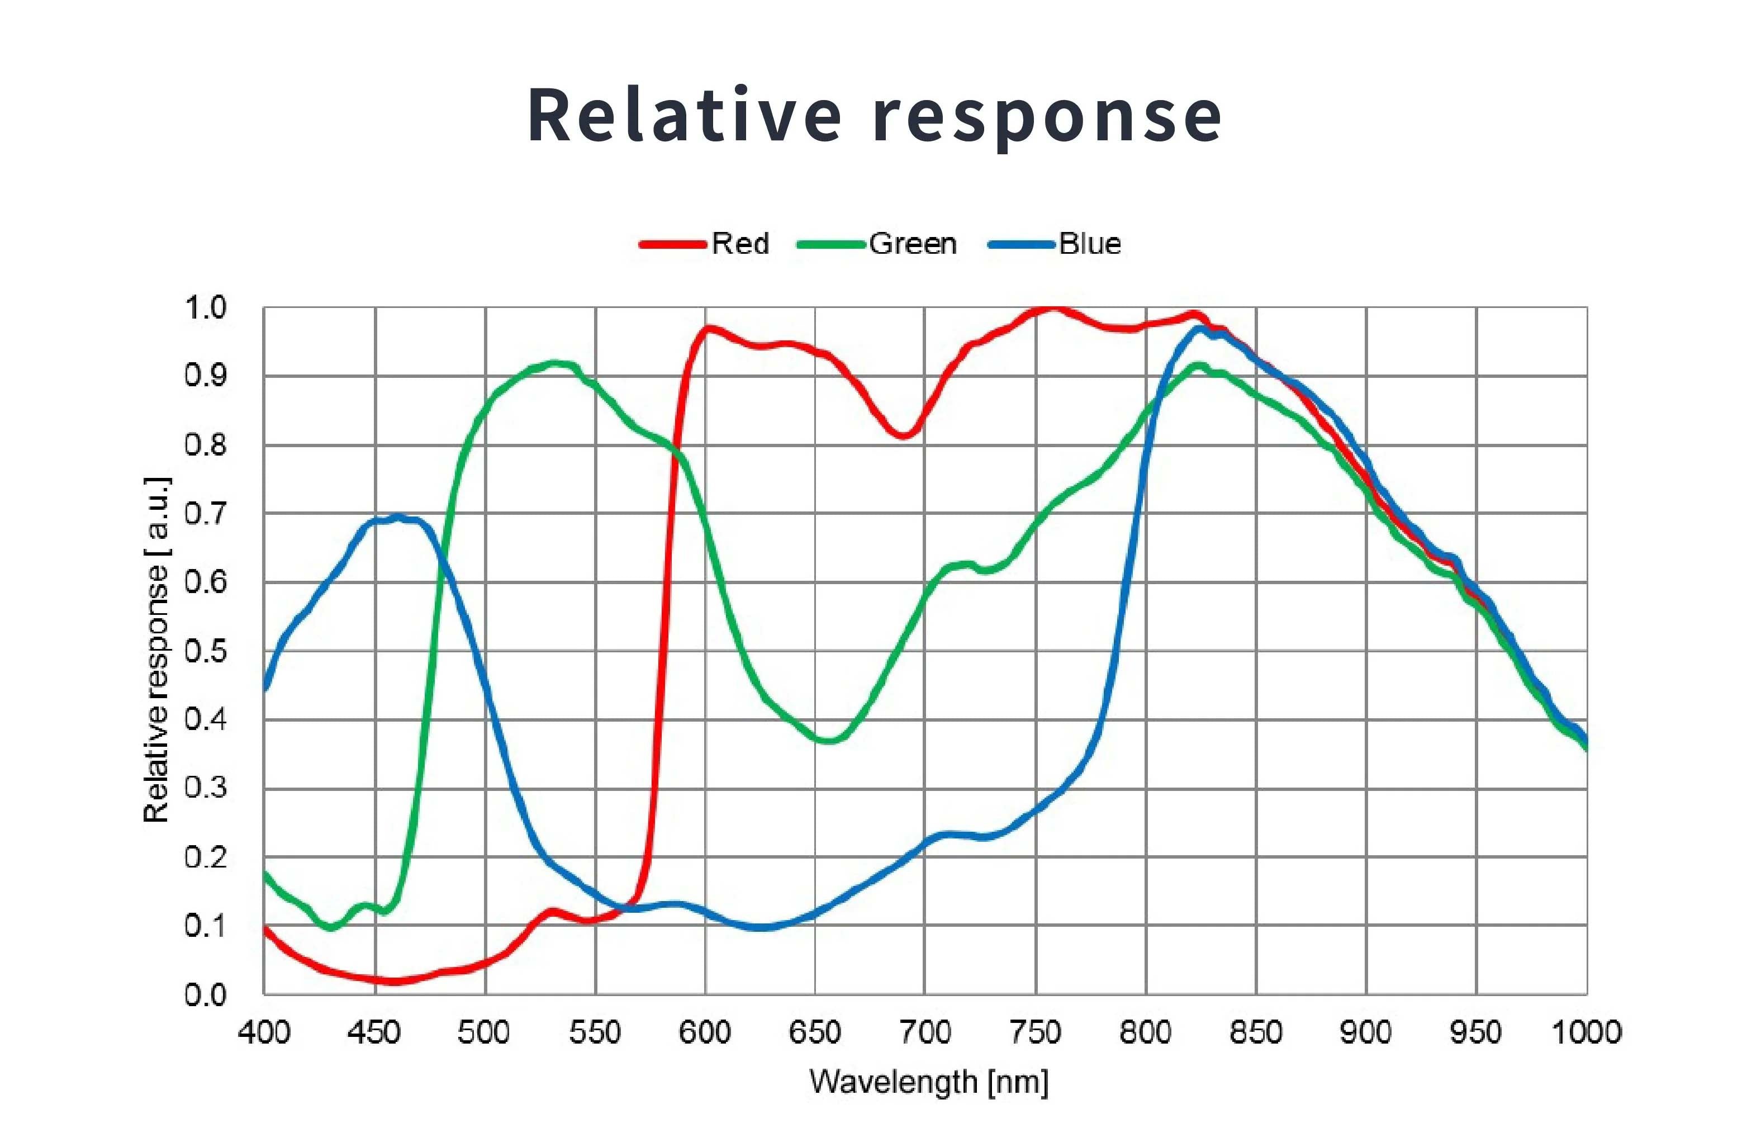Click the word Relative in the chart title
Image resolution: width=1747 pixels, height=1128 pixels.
tap(684, 116)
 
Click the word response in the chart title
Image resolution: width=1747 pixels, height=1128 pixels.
tap(1047, 117)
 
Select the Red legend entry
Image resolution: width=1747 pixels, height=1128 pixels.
tap(739, 244)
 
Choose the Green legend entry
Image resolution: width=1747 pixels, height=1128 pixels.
tap(912, 244)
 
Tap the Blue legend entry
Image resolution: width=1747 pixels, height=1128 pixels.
tap(1089, 244)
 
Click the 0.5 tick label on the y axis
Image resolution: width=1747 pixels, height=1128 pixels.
tap(206, 651)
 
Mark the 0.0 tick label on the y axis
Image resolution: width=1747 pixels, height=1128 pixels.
tap(206, 995)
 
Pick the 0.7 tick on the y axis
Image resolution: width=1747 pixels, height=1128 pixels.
tap(206, 514)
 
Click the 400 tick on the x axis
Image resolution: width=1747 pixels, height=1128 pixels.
tap(264, 1032)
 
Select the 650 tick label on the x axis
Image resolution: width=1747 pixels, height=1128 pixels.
tap(815, 1032)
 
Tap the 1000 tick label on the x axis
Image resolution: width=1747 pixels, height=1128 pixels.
tap(1586, 1032)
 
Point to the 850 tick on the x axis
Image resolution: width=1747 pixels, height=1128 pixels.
tap(1256, 1032)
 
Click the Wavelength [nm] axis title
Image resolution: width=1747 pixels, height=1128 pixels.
tap(928, 1082)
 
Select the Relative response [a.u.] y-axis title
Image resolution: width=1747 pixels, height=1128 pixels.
tap(156, 651)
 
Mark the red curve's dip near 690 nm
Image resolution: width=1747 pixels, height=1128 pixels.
tap(904, 435)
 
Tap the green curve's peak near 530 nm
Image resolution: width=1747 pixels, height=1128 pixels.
tap(554, 363)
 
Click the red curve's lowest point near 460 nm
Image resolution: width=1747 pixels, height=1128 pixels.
tap(393, 981)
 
